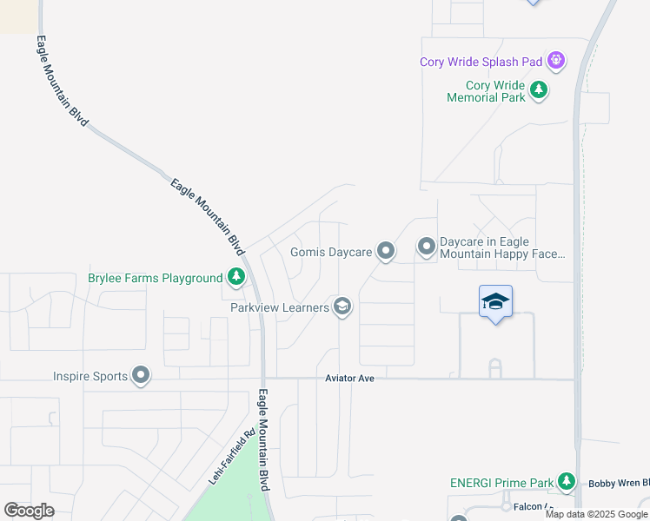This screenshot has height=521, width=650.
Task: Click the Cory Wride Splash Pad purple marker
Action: pyautogui.click(x=556, y=61)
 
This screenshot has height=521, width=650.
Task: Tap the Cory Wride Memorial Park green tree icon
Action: pyautogui.click(x=539, y=89)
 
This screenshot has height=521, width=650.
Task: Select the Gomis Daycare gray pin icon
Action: pyautogui.click(x=386, y=252)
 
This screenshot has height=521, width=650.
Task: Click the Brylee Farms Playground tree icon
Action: pyautogui.click(x=235, y=278)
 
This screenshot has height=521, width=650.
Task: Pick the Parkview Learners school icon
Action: pyautogui.click(x=342, y=307)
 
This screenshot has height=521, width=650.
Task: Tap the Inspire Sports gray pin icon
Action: pyautogui.click(x=141, y=376)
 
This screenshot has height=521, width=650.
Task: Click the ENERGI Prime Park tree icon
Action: pyautogui.click(x=567, y=481)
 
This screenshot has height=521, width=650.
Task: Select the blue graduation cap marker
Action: pyautogui.click(x=495, y=302)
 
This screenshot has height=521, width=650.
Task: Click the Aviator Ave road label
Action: pyautogui.click(x=349, y=379)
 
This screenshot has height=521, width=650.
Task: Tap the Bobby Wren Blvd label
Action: pyautogui.click(x=618, y=483)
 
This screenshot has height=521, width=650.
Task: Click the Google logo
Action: pyautogui.click(x=29, y=511)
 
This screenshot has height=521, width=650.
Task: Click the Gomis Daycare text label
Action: pyautogui.click(x=330, y=253)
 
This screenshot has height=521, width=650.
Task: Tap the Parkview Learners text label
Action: pyautogui.click(x=279, y=307)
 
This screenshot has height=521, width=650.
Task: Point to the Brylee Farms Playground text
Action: pyautogui.click(x=156, y=279)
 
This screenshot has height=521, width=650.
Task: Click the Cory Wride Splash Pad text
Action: pyautogui.click(x=481, y=62)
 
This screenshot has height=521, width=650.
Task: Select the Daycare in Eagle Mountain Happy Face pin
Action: pyautogui.click(x=426, y=247)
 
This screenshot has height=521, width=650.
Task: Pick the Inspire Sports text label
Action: pyautogui.click(x=90, y=377)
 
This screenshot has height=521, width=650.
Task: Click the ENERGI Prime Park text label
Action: pyautogui.click(x=501, y=482)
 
